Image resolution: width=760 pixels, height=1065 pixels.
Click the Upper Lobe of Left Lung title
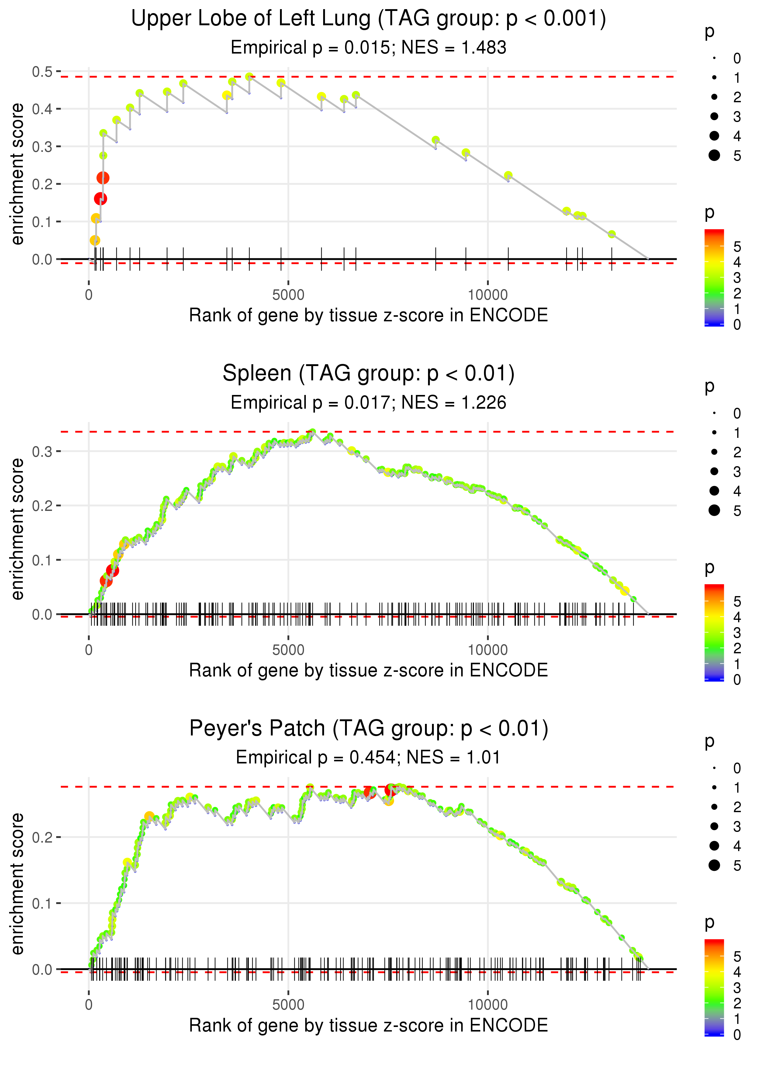(x=368, y=19)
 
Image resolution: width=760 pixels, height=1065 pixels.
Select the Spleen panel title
(x=368, y=374)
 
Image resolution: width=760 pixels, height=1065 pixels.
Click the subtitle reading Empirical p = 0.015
(x=368, y=48)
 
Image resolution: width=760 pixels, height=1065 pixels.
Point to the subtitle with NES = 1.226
(x=368, y=403)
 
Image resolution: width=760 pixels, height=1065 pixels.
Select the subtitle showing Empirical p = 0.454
(x=368, y=757)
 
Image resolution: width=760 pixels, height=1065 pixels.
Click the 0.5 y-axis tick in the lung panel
(x=42, y=72)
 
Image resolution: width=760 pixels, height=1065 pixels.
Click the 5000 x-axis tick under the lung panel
(x=288, y=295)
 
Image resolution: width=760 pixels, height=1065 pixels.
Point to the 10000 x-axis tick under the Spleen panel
(x=488, y=650)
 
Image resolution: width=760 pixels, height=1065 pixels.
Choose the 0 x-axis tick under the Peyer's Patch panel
(x=89, y=1005)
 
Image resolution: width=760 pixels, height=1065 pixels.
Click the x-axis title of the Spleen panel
(x=368, y=670)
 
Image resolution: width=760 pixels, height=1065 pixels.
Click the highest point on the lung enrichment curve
(x=250, y=77)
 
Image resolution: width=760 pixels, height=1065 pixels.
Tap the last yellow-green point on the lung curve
(x=612, y=234)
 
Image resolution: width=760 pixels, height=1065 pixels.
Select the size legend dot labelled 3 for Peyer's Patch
(x=714, y=827)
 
